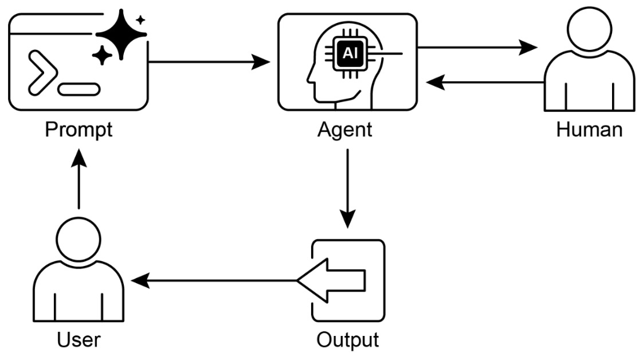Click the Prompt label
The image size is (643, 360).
pos(79,130)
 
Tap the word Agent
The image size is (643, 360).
pos(344,130)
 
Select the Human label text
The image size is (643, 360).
pos(589,130)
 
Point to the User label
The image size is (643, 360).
pos(79,339)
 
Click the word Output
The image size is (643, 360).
pos(347,339)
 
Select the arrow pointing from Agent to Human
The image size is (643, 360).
pos(476,48)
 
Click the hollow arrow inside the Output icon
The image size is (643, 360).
pos(332,280)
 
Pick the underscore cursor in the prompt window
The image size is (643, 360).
pos(79,89)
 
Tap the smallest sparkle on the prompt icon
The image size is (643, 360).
pos(140,20)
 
